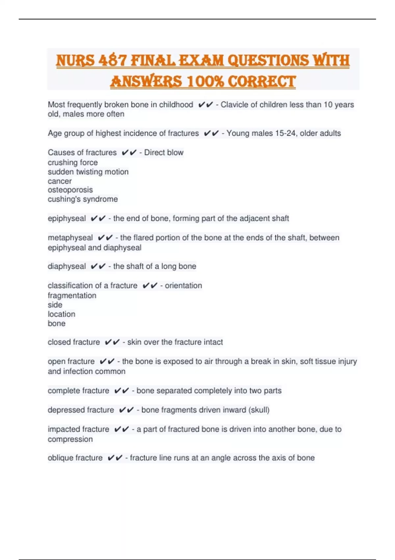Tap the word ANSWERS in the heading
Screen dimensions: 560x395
(146, 82)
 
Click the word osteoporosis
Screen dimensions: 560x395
(70, 190)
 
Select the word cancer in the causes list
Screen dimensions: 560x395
(60, 181)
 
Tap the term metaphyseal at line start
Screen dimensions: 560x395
(70, 238)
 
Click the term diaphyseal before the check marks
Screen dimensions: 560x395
(66, 266)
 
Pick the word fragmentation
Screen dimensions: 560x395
(72, 295)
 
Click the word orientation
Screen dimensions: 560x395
(183, 286)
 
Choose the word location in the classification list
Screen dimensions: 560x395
(61, 314)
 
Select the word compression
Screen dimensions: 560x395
(70, 439)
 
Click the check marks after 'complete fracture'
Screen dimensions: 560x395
(121, 391)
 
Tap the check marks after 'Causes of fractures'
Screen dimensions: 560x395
(129, 153)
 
